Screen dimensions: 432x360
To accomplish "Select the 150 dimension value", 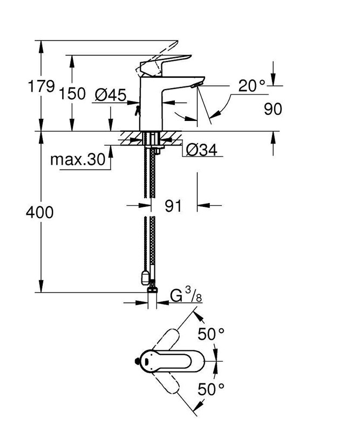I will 72,93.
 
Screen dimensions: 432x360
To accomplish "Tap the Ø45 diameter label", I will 110,96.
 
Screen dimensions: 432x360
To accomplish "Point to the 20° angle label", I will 253,86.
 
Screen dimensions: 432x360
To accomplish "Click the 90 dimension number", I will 273,109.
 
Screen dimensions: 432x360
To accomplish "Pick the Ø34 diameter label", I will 201,150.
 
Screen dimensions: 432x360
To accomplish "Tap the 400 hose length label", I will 40,213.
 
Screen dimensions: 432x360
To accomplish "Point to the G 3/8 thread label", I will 186,296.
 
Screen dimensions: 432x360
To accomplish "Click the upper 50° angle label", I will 210,335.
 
